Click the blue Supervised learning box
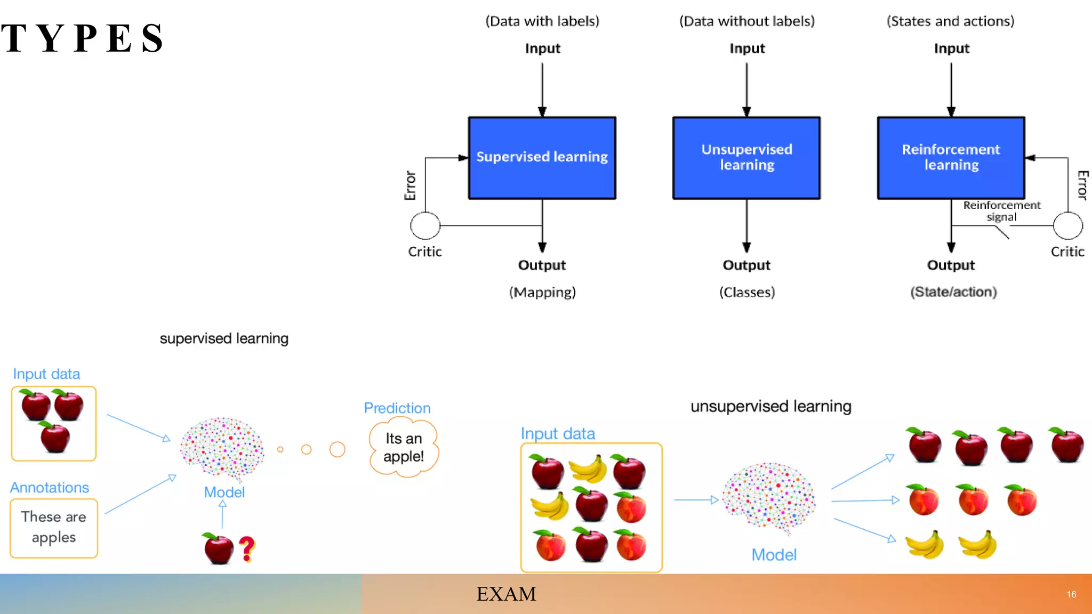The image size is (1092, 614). [542, 158]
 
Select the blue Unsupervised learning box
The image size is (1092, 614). [746, 158]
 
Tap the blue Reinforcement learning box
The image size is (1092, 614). [951, 158]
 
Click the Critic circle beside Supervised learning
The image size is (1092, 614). [425, 225]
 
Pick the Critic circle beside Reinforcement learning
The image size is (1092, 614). [1068, 225]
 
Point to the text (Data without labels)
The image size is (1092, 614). [746, 21]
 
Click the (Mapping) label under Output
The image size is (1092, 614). [542, 292]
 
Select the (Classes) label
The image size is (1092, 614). [746, 292]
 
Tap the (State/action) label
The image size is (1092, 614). [953, 292]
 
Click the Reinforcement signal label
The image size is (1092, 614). [1002, 211]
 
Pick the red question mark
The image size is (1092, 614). [247, 548]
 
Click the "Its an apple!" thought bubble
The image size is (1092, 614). [404, 448]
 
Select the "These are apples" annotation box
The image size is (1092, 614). [54, 528]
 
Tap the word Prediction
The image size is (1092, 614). [397, 408]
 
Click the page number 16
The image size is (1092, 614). [1071, 594]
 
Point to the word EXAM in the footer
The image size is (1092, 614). [506, 594]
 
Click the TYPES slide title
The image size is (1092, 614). [83, 38]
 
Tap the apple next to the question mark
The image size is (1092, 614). [218, 548]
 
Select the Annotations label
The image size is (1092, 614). [50, 488]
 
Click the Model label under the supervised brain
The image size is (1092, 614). [224, 492]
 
